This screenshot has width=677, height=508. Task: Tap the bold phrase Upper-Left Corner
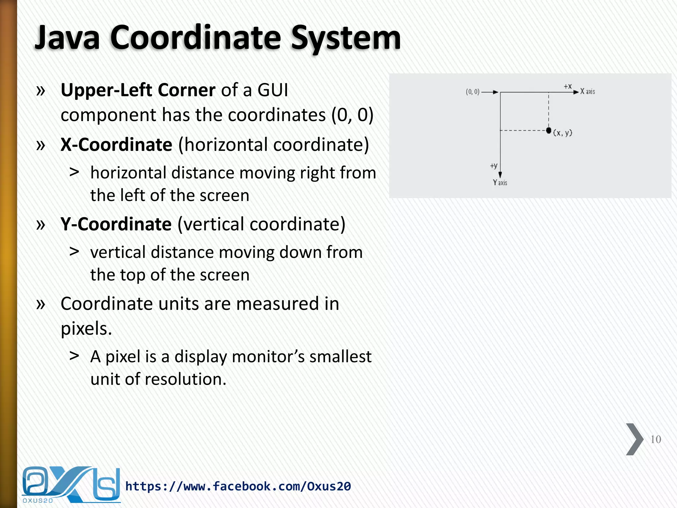click(138, 90)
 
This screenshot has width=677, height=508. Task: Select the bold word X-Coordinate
click(116, 145)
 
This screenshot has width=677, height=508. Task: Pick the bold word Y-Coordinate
click(116, 224)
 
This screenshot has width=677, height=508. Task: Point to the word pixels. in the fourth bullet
click(86, 329)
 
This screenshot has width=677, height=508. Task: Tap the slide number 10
click(656, 440)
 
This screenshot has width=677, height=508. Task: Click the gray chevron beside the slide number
click(634, 439)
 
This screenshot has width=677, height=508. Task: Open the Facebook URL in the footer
click(238, 486)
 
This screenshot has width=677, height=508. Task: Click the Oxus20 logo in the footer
click(71, 485)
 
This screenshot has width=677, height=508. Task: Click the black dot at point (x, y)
click(549, 130)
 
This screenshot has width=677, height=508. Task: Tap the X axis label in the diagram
click(587, 92)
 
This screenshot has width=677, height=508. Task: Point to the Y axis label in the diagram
click(500, 183)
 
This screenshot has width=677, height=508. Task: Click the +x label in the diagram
click(568, 86)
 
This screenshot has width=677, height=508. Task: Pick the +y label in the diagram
click(494, 166)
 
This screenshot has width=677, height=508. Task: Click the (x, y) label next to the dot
click(563, 133)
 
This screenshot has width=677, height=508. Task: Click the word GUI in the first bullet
click(273, 90)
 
